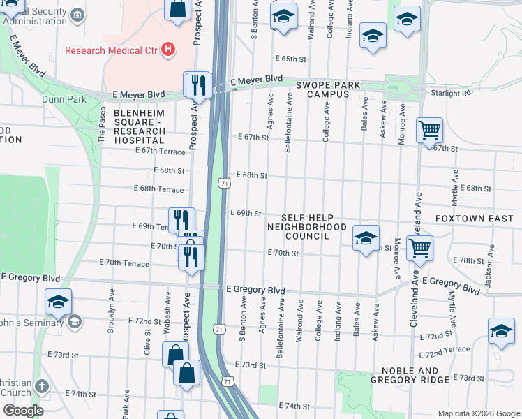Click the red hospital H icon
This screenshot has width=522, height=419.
(167, 50)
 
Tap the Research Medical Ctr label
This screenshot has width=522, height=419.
(112, 50)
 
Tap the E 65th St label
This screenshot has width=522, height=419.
(291, 59)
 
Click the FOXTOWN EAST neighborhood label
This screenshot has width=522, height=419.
(474, 219)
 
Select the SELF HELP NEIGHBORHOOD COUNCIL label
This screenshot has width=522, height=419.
(307, 227)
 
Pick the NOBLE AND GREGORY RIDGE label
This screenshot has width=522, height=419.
(410, 375)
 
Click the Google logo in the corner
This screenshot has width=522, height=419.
(23, 410)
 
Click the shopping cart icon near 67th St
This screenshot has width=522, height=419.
(428, 130)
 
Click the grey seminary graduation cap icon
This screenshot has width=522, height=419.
(73, 321)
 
